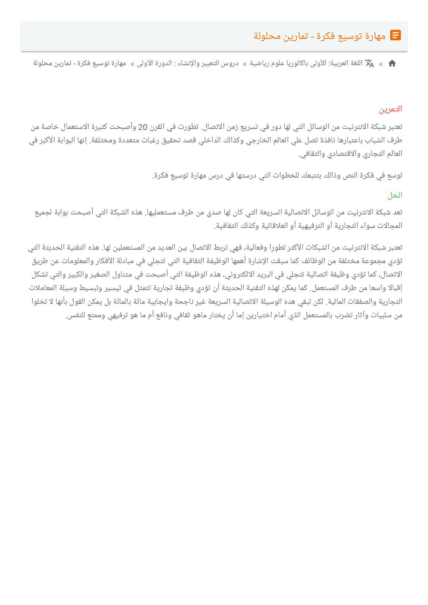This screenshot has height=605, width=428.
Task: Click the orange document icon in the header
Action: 395,35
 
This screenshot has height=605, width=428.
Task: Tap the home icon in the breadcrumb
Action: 392,63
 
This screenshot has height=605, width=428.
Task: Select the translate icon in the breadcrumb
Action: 369,63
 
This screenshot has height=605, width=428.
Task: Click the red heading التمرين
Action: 390,109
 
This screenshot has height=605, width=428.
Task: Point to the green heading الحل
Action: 395,195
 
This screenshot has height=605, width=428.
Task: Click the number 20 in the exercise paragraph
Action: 143,127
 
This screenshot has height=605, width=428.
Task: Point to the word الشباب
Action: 377,140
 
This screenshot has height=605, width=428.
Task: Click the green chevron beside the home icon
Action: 381,63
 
